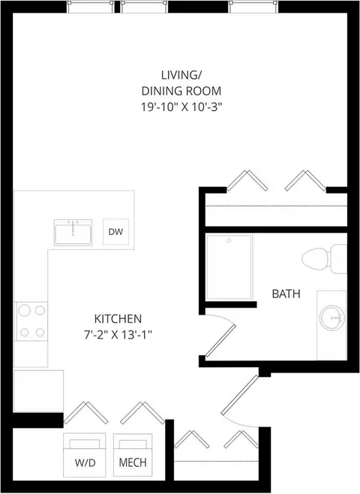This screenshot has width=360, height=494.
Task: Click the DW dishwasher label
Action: pos(115,232)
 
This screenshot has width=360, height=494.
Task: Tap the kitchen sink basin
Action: pos(73,233)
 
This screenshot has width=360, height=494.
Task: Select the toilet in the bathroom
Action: pos(324,259)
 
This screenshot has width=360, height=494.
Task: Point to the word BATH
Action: pos(286,294)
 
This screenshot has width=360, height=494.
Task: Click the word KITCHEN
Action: pos(118,319)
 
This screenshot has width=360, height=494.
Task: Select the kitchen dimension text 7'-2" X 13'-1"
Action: pos(118,335)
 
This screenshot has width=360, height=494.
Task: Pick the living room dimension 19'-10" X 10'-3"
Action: pos(181,107)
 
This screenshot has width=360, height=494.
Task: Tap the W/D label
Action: pos(85,462)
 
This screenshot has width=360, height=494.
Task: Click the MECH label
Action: pos(133,462)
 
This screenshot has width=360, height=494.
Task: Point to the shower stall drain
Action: pos(229,241)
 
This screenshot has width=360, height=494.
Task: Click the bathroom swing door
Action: pos(220,341)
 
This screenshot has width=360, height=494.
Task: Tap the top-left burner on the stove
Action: pos(25,310)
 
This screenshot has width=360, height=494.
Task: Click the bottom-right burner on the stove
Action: pos(40,332)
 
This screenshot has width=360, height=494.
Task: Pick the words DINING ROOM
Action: pos(181,91)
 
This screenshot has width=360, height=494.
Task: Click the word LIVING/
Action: pos(181,75)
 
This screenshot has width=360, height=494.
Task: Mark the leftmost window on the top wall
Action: pos(91,7)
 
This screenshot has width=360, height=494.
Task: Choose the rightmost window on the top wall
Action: pos(253,7)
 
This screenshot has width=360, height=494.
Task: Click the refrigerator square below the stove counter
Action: pos(38,391)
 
